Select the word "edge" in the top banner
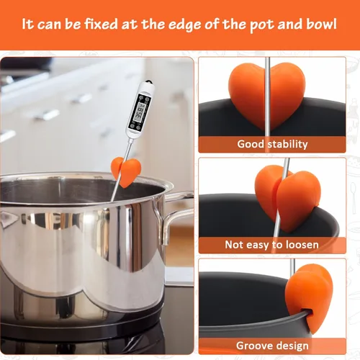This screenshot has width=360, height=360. (184, 25)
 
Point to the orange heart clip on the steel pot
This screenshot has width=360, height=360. (126, 171)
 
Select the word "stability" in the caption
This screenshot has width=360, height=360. (287, 145)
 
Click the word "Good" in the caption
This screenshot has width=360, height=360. (251, 144)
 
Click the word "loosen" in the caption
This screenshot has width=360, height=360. (302, 245)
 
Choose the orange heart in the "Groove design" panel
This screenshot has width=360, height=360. (309, 297)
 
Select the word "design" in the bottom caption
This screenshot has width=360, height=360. (292, 346)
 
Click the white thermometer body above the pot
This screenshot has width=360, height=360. (140, 110)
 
